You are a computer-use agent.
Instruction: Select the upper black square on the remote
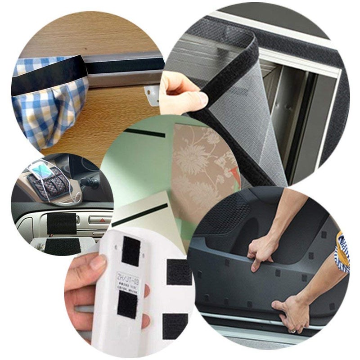(131, 251)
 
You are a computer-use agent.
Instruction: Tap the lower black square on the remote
(127, 304)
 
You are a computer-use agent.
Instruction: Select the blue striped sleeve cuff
(343, 252)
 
